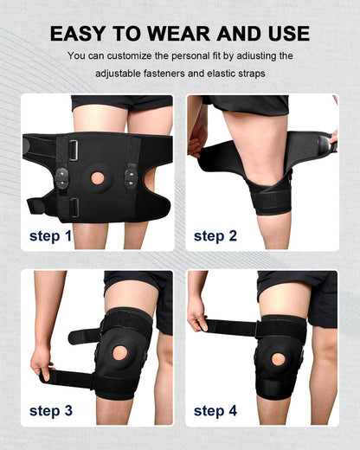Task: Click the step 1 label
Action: [56, 235]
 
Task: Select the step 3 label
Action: [56, 410]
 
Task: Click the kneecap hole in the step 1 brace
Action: [99, 177]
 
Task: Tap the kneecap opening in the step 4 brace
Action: [279, 357]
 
